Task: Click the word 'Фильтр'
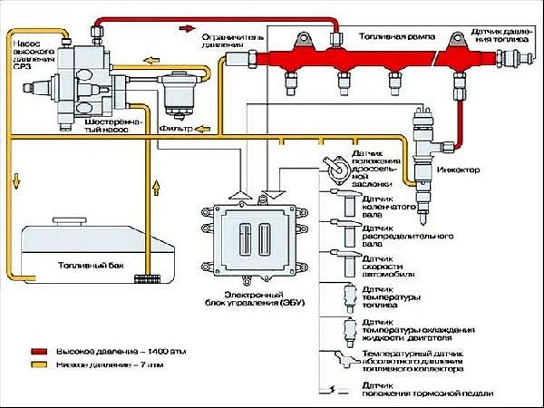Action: tap(173, 130)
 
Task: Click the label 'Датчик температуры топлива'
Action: tap(393, 296)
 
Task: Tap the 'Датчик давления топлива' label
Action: tap(502, 36)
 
